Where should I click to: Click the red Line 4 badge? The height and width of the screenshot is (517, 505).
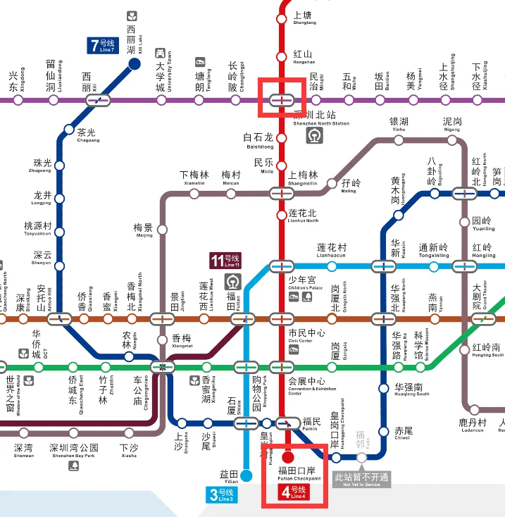coord(294,492)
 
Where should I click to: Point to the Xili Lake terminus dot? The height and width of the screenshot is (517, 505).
coord(135,66)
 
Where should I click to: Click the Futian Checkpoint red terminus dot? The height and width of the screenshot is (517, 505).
coord(288,457)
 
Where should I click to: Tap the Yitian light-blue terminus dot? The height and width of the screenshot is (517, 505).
coord(246,475)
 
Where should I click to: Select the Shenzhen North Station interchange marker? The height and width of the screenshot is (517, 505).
coord(282,100)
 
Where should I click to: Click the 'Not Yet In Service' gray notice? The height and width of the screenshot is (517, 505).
coord(361,480)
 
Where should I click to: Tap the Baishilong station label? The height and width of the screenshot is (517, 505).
coord(258,141)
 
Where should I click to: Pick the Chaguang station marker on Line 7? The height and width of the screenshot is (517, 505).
coord(68,130)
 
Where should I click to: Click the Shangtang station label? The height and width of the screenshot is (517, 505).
coord(302,18)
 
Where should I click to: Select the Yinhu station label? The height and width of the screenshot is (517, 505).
coord(399,125)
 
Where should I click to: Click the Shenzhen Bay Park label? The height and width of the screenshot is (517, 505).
coord(74,451)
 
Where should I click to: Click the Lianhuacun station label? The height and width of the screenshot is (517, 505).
coord(332,250)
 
